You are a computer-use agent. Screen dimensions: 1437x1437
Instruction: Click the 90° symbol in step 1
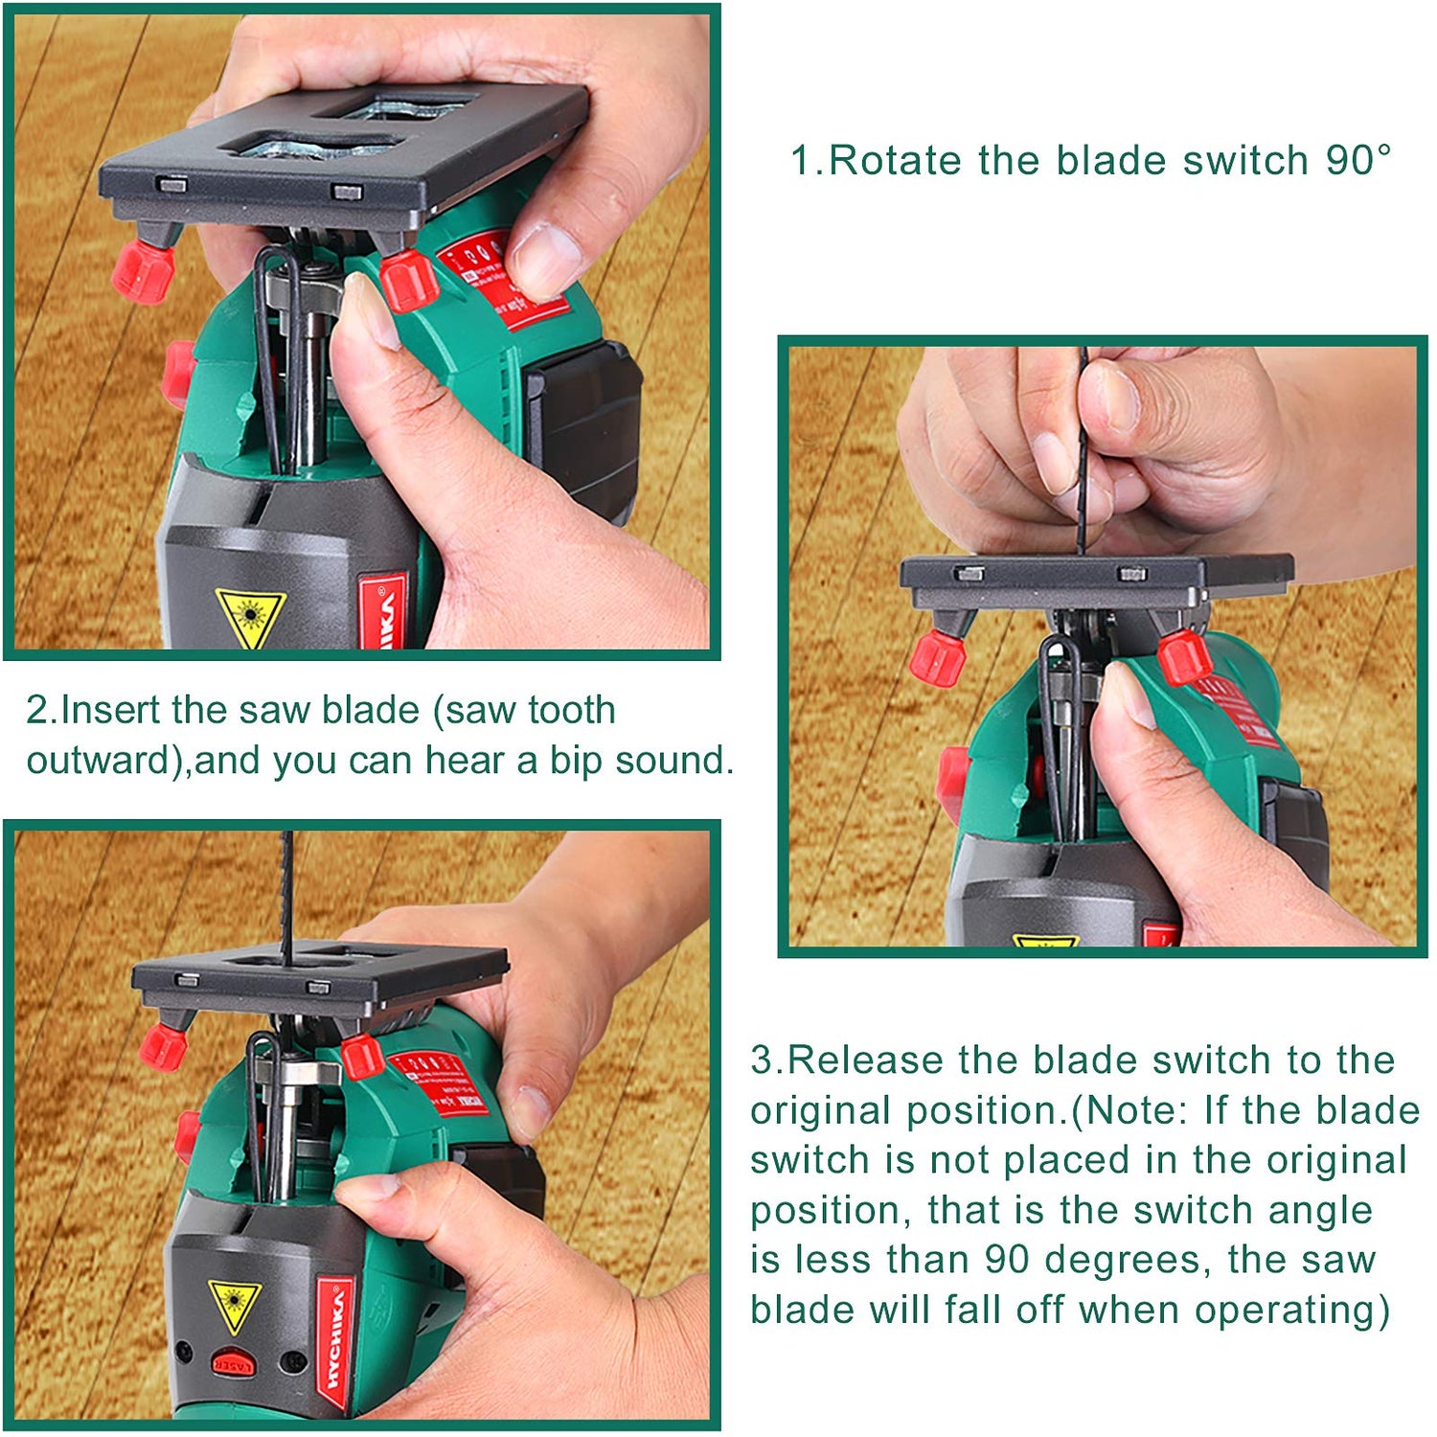pyautogui.click(x=1358, y=160)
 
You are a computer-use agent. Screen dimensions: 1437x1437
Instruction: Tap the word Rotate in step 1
pyautogui.click(x=897, y=160)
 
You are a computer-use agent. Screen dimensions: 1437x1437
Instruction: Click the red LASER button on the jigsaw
pyautogui.click(x=233, y=1363)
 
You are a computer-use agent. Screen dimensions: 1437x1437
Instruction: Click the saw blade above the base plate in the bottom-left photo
pyautogui.click(x=286, y=896)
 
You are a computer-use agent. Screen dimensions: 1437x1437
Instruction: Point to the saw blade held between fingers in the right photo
pyautogui.click(x=1083, y=450)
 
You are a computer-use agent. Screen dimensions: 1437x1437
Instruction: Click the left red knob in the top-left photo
pyautogui.click(x=143, y=271)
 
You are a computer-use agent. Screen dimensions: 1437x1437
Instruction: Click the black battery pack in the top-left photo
pyautogui.click(x=584, y=422)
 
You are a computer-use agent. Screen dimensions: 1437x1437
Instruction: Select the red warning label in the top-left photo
pyautogui.click(x=503, y=278)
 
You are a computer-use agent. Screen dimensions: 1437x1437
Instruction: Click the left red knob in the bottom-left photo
pyautogui.click(x=164, y=1046)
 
